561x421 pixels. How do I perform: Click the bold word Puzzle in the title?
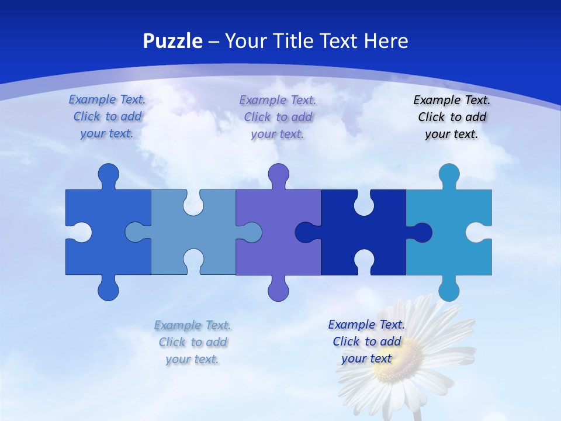tap(173, 41)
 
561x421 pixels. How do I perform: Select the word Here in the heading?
tap(386, 41)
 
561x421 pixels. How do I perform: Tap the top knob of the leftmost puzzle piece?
tap(108, 174)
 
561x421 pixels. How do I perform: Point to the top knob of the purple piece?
tap(278, 174)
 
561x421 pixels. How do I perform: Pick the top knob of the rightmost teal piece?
tap(449, 174)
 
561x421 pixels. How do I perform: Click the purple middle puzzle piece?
tap(278, 246)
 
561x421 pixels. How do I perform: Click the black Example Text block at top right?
tap(452, 117)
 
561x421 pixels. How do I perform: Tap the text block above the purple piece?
tap(278, 117)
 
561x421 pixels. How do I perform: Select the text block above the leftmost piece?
tap(107, 116)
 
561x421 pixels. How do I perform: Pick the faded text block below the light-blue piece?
tap(192, 342)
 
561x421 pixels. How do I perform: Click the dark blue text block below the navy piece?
tap(366, 341)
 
